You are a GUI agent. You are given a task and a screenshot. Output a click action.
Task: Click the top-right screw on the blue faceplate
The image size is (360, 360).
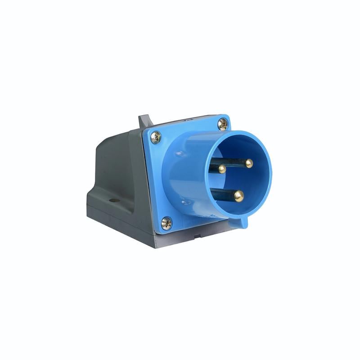click(x=223, y=123)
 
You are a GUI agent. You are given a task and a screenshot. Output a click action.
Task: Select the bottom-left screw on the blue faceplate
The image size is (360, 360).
click(x=166, y=222)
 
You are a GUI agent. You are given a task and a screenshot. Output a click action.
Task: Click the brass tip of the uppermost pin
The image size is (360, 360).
click(x=248, y=163)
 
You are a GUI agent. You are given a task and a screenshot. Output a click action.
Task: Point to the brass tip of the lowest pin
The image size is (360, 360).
click(x=239, y=196)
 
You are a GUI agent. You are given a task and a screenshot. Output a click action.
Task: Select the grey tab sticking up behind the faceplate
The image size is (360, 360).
click(x=144, y=121)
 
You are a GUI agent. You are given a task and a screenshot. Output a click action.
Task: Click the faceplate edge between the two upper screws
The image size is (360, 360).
click(x=189, y=124)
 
